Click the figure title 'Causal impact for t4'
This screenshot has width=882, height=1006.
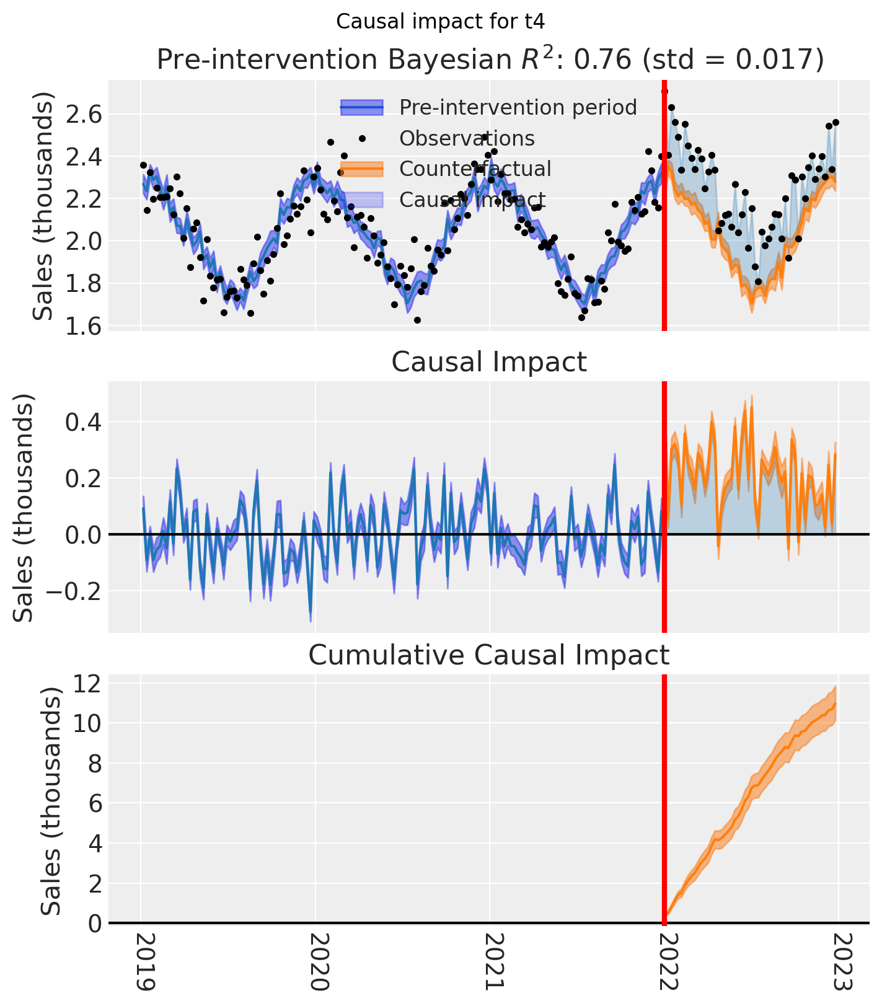[440, 22]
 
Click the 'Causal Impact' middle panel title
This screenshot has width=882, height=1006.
[489, 362]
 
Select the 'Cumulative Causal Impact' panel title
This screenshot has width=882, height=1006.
[489, 655]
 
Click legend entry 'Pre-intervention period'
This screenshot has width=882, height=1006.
[518, 108]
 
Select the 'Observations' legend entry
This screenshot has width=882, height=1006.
[467, 138]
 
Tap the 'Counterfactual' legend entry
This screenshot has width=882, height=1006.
[475, 169]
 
